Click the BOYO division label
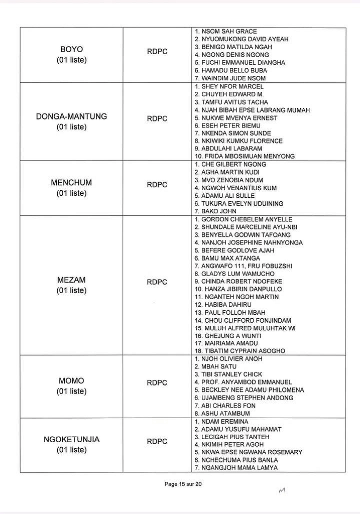(x=71, y=49)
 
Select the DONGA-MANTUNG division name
(x=71, y=116)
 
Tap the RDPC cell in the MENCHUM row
(x=157, y=185)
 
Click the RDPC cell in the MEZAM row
(x=157, y=282)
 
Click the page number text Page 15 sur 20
(x=183, y=484)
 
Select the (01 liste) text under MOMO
(x=71, y=391)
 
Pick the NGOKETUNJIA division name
(x=71, y=439)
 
